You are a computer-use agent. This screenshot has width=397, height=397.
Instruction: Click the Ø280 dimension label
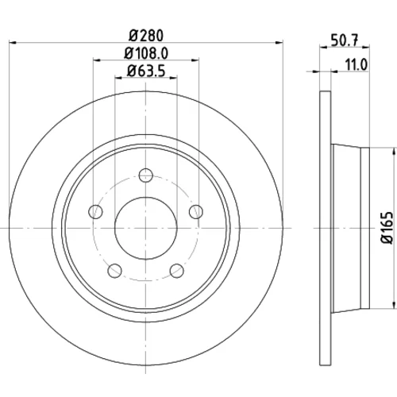[x=146, y=36]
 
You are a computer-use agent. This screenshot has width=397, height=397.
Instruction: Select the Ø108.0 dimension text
[x=146, y=54]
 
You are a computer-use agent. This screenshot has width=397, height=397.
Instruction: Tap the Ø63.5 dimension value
[x=146, y=71]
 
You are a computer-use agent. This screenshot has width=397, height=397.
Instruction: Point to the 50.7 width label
[x=345, y=40]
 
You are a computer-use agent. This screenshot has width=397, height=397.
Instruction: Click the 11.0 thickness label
[x=357, y=65]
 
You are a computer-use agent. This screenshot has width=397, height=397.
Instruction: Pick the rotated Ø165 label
[x=387, y=228]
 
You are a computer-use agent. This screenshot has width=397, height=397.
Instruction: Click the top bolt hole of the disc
[x=146, y=175]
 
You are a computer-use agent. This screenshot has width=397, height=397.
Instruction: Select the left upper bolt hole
[x=95, y=211]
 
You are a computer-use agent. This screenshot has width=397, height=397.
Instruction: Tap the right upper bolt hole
[x=196, y=211]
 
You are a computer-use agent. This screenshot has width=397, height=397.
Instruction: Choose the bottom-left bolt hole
[x=115, y=271]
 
